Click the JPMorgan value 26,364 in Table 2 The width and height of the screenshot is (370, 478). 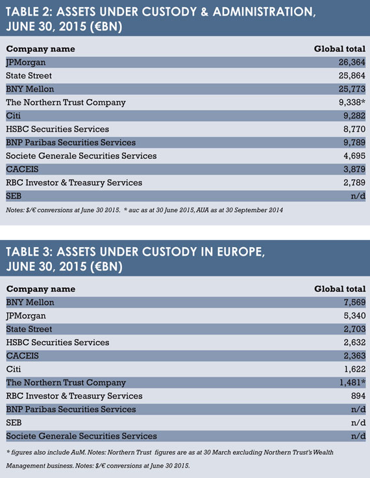click(352, 62)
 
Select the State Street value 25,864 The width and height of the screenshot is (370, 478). click(352, 76)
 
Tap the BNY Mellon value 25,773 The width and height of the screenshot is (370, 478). click(352, 89)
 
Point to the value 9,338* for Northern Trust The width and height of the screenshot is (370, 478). click(352, 102)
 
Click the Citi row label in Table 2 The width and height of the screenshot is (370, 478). click(14, 115)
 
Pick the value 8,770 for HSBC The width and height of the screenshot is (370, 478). click(354, 129)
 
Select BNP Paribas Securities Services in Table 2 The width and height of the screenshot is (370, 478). click(71, 143)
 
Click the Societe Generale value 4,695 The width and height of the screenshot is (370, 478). click(354, 156)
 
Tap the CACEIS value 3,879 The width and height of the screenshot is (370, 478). click(354, 169)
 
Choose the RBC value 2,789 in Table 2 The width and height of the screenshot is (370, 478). click(354, 183)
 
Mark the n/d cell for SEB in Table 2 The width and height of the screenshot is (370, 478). click(358, 196)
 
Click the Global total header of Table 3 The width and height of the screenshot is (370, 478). click(339, 289)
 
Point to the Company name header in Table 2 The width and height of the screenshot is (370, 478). click(40, 49)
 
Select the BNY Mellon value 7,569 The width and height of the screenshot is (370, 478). click(354, 302)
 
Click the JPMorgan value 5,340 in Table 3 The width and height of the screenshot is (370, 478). click(354, 315)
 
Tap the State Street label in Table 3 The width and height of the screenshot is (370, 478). click(29, 329)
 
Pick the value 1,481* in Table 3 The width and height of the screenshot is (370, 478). click(352, 382)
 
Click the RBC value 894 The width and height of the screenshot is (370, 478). click(358, 396)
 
